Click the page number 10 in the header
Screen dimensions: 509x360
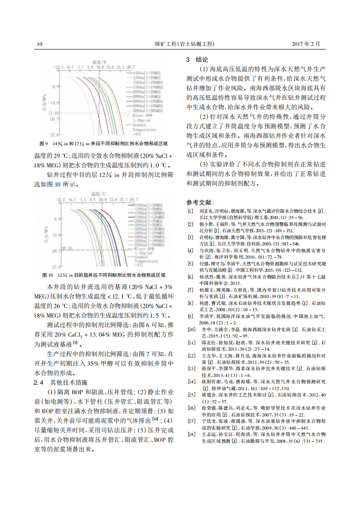click(x=39, y=44)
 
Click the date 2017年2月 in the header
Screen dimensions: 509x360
click(x=306, y=44)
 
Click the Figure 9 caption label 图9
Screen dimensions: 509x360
click(x=44, y=144)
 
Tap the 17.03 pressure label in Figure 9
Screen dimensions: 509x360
click(x=54, y=113)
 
